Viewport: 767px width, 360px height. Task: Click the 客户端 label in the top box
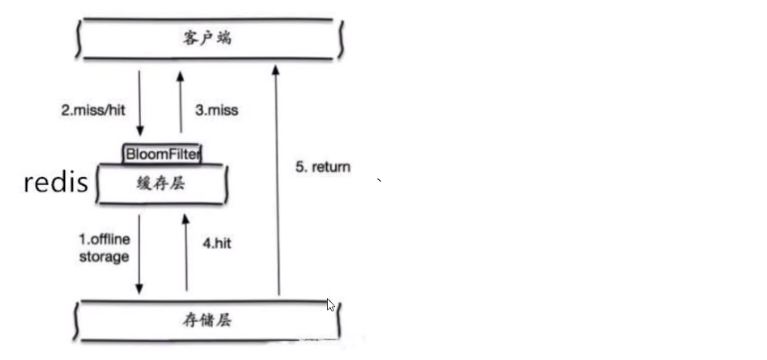[x=206, y=38]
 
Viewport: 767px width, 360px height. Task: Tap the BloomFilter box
[x=163, y=153]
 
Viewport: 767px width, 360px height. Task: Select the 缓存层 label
[x=163, y=184]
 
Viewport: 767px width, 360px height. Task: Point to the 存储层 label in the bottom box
[x=206, y=320]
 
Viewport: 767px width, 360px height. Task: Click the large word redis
[x=55, y=183]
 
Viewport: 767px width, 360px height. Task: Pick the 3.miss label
[x=216, y=110]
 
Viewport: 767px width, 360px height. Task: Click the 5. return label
[x=323, y=167]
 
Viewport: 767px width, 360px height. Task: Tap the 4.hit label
[x=218, y=244]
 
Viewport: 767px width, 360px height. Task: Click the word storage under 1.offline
[x=104, y=257]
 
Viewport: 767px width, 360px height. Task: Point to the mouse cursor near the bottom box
[x=329, y=304]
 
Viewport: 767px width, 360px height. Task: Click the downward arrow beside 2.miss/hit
[x=140, y=103]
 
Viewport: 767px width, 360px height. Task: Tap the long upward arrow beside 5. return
[x=278, y=182]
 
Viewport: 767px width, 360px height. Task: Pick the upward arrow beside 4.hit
[x=186, y=252]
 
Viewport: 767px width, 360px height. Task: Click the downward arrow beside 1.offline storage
[x=140, y=252]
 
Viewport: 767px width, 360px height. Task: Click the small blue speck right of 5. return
[x=378, y=179]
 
